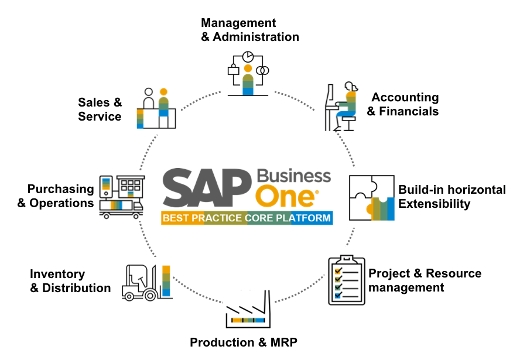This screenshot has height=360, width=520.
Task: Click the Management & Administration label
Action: click(x=249, y=30)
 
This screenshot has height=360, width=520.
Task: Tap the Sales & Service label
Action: click(x=100, y=109)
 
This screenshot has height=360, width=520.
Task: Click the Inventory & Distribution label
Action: click(x=70, y=281)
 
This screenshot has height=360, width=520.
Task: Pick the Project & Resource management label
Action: click(x=425, y=280)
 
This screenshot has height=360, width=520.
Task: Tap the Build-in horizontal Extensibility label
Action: click(x=451, y=197)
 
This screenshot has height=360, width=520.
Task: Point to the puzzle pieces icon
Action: click(x=371, y=197)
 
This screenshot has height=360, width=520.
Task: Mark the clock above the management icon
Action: click(x=248, y=56)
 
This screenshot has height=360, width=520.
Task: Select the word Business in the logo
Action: click(x=294, y=176)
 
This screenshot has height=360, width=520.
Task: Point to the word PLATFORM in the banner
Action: click(x=304, y=218)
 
